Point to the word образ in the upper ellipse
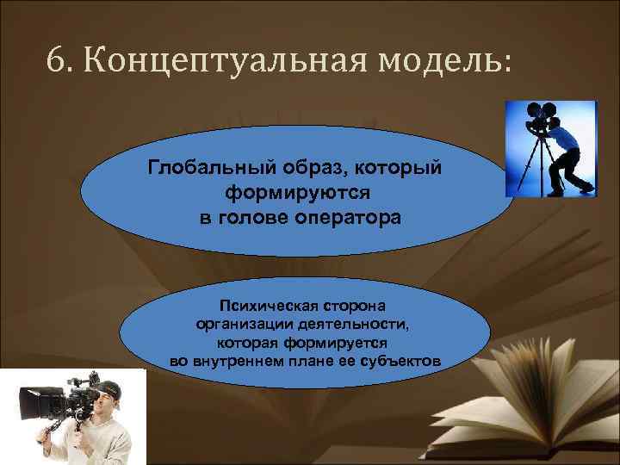click(307, 165)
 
